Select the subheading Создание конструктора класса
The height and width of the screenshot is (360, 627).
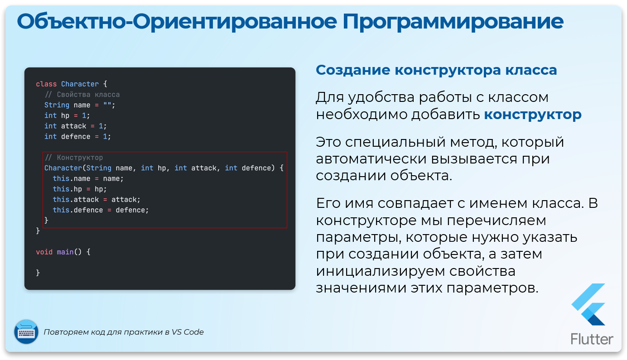point(436,70)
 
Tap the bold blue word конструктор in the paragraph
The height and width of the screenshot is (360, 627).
point(533,115)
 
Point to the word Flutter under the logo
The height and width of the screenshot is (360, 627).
point(592,339)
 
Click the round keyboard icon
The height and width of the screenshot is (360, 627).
point(26,332)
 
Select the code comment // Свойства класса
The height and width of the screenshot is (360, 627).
point(82,95)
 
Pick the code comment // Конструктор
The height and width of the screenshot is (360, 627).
point(74,158)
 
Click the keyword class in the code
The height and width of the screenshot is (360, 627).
point(46,84)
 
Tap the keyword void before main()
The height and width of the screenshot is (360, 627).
point(44,252)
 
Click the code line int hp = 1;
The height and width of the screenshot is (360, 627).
point(67,115)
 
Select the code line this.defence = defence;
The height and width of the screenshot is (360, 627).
point(101,210)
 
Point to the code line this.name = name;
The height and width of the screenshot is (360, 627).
point(88,178)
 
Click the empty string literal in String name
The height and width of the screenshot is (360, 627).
point(107,105)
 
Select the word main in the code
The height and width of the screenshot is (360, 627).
point(65,252)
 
